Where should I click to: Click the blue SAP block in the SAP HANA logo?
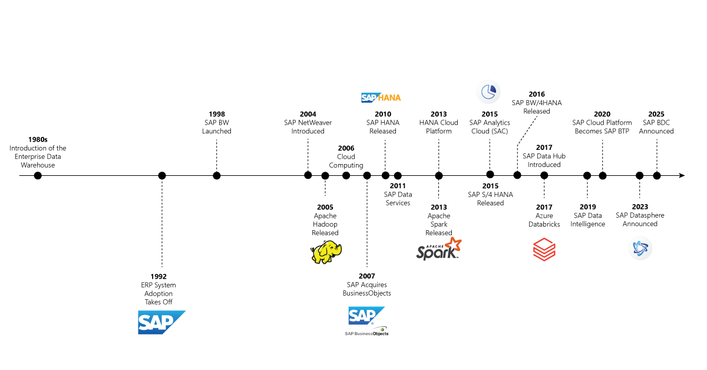[368, 97]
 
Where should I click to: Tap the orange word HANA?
[389, 97]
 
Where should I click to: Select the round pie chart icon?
[488, 92]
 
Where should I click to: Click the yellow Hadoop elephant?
[326, 252]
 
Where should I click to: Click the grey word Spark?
[436, 253]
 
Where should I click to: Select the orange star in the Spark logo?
[453, 244]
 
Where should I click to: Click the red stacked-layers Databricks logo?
[544, 250]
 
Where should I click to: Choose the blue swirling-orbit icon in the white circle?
[640, 248]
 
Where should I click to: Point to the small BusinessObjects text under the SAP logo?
[365, 333]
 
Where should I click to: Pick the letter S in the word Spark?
[421, 253]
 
